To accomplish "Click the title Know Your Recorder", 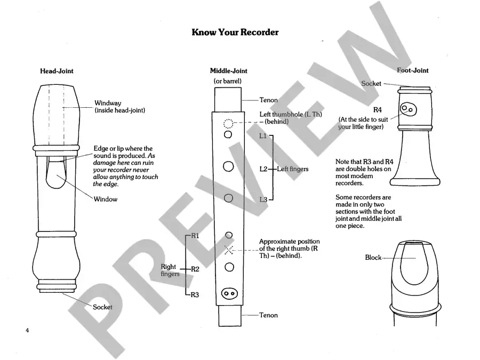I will click(235, 33).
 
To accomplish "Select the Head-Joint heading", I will click(57, 71).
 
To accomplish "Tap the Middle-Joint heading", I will click(228, 71).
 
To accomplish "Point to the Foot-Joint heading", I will click(413, 70).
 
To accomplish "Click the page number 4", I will click(27, 331).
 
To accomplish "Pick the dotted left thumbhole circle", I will click(228, 124).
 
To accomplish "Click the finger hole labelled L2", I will click(229, 167).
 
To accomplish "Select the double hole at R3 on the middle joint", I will click(229, 293).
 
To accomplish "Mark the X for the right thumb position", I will click(229, 250).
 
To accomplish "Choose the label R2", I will click(195, 269).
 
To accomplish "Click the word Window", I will click(106, 199).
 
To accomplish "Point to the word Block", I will click(373, 258).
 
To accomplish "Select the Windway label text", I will click(108, 103).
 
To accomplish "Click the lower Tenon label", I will click(268, 315).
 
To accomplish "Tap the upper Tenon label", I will click(268, 100).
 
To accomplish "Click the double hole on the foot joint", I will click(409, 109).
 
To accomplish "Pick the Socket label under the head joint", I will click(102, 307).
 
